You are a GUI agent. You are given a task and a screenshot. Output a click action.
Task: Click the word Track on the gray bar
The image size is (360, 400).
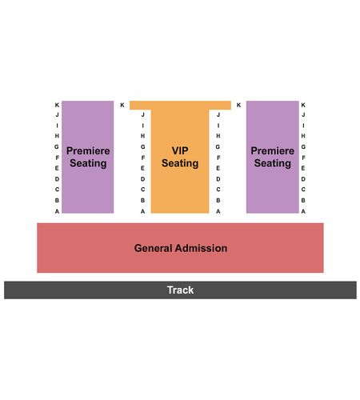pos(180,290)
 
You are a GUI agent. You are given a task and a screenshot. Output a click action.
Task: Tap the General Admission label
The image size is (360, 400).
pos(181,248)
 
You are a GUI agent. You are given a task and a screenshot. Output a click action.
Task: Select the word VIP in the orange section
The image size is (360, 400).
pos(180,150)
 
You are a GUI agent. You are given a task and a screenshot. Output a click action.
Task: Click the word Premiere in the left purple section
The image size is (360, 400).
pos(88,150)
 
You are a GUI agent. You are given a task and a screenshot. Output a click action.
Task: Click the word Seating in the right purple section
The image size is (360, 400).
pos(273,163)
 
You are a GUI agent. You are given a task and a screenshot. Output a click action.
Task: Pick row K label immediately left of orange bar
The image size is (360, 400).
pos(122,105)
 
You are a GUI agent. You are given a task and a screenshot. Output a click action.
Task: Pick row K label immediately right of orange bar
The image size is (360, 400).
pos(238,105)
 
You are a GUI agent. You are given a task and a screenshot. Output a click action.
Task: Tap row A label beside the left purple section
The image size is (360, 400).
pos(57,211)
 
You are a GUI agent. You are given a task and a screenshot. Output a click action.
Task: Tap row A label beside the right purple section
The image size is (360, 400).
pos(303,211)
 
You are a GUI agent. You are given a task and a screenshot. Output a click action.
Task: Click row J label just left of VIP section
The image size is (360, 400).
pos(143,114)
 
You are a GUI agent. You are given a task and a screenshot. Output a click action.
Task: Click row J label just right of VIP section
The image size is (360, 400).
pos(218,114)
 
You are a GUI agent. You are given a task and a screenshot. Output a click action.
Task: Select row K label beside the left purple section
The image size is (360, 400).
pos(57,105)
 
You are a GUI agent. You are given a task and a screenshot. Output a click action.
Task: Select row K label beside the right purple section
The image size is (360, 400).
pos(303,105)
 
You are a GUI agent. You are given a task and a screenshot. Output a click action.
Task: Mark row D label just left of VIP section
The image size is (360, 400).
pos(143,179)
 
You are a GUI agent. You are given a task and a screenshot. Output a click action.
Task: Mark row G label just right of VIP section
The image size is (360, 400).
pos(218,147)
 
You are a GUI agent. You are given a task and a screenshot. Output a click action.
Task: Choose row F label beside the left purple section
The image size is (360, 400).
pos(57,158)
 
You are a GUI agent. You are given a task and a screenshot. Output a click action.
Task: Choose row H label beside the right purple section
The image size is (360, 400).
pos(303,136)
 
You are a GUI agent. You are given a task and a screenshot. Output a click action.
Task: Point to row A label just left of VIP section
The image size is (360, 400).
pos(143,211)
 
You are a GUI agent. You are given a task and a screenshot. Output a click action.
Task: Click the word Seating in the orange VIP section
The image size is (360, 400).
pos(180,163)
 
